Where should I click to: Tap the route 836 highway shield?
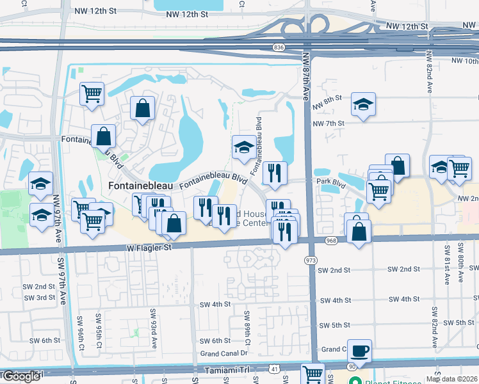pyautogui.click(x=278, y=47)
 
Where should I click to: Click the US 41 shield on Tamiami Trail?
pyautogui.click(x=274, y=369)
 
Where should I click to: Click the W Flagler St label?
pyautogui.click(x=150, y=246)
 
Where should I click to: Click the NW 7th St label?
pyautogui.click(x=329, y=123)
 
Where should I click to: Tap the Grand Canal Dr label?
pyautogui.click(x=223, y=353)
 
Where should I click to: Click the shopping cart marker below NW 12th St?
pyautogui.click(x=92, y=93)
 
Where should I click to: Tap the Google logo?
pyautogui.click(x=22, y=376)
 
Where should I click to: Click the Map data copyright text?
pyautogui.click(x=451, y=379)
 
